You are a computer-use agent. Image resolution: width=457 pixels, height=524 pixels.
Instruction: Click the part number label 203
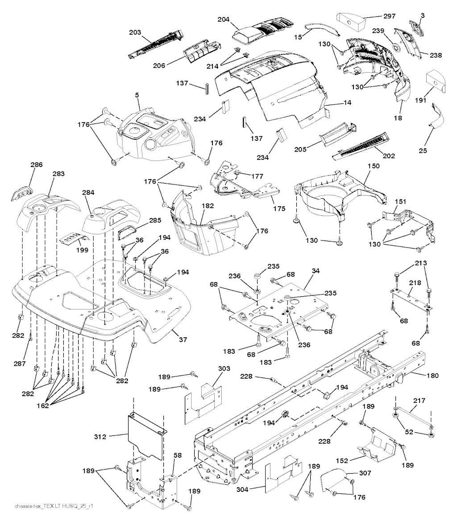tap(135, 33)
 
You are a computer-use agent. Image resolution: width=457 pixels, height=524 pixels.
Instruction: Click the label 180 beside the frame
tap(432, 376)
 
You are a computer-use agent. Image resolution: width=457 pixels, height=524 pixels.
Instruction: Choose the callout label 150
tap(374, 166)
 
